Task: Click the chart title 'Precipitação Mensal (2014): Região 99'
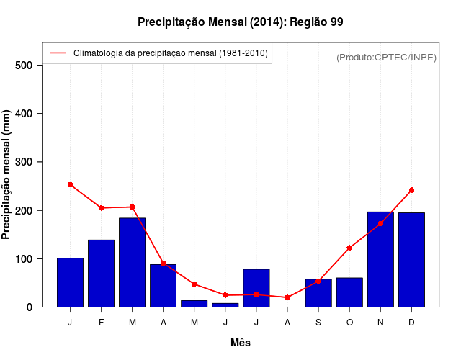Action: coord(240,22)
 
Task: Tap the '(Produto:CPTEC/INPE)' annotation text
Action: coord(386,57)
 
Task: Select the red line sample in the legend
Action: coord(58,53)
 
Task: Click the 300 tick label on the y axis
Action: coord(24,162)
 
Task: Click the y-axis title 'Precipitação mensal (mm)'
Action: coord(7,175)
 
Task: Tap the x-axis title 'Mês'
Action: coord(241,343)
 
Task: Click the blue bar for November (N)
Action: coord(380,260)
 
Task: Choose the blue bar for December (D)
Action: coord(411,260)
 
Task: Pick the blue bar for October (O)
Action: coord(349,292)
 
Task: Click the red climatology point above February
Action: coord(101,208)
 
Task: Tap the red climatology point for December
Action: coord(411,190)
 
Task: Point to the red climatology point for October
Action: coord(349,248)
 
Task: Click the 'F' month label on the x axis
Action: coord(101,322)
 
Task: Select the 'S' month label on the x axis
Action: coord(318,322)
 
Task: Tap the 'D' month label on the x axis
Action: coord(411,322)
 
